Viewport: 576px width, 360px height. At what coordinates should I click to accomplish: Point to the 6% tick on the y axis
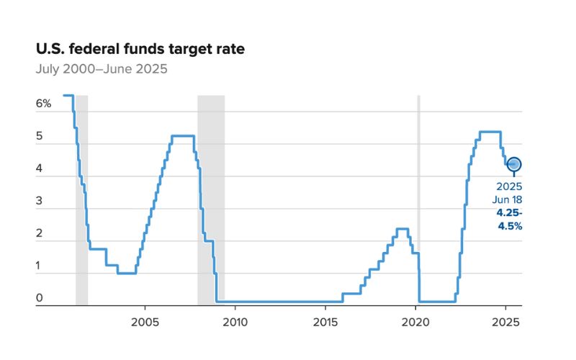click(44, 104)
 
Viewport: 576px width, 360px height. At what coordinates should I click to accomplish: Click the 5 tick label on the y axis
click(40, 136)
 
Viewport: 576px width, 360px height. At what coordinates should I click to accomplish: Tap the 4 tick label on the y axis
click(40, 169)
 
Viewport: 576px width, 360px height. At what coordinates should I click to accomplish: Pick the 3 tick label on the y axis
click(40, 202)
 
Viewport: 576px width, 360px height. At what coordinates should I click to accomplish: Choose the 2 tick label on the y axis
click(40, 234)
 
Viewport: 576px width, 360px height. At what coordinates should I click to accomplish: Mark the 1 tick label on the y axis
click(40, 266)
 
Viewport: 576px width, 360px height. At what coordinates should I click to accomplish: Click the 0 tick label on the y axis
click(40, 298)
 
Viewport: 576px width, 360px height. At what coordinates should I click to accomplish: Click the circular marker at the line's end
click(514, 165)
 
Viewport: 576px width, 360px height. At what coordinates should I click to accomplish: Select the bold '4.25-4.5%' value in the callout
click(508, 220)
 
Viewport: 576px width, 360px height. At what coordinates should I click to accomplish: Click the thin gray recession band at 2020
click(418, 202)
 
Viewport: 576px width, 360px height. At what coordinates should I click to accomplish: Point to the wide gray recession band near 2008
click(211, 202)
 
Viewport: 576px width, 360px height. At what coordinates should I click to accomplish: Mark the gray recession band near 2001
click(81, 202)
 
